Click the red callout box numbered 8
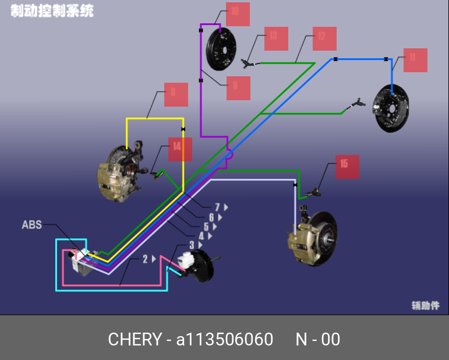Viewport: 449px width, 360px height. [x=176, y=94]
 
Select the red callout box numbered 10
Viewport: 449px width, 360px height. [x=238, y=14]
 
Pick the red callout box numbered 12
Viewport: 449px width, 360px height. [x=324, y=38]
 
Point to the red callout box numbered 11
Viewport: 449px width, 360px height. [x=415, y=60]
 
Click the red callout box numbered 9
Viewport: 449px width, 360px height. [x=238, y=88]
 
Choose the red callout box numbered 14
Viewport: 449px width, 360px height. [x=180, y=149]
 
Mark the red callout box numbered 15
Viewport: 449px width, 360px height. [x=347, y=167]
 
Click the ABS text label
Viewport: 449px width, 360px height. [x=32, y=224]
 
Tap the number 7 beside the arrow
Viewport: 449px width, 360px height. [x=217, y=207]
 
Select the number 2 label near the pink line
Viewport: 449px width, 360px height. [x=146, y=259]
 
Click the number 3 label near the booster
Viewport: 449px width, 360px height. [x=192, y=246]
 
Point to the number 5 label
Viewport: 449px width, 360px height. [x=206, y=227]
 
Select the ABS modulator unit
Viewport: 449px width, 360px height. [x=82, y=263]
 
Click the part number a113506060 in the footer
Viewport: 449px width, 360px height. [x=224, y=339]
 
